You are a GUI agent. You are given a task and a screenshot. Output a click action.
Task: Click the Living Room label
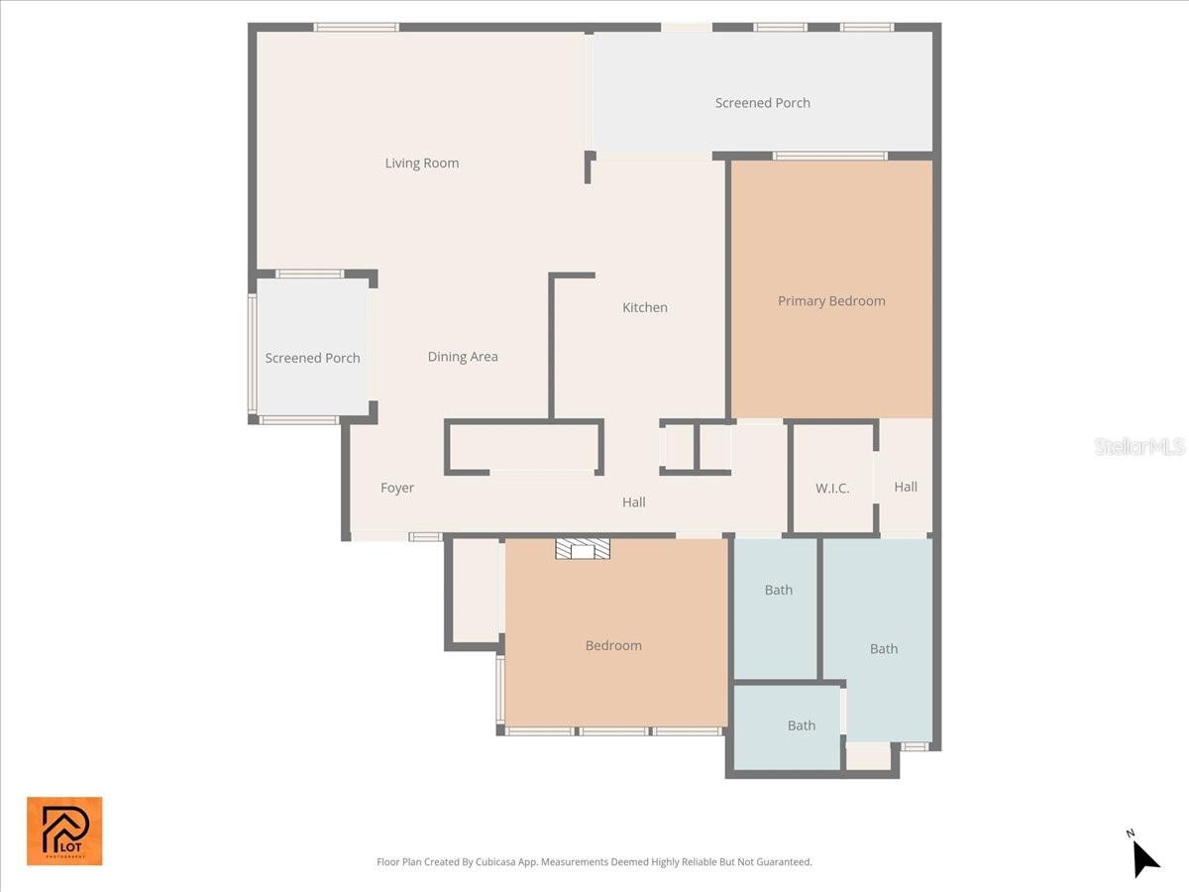[x=422, y=164]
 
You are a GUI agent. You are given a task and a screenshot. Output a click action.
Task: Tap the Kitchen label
[x=645, y=308]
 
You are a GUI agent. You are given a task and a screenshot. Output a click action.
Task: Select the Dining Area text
[x=463, y=357]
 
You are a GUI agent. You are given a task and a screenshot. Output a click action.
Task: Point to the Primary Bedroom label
[x=831, y=301]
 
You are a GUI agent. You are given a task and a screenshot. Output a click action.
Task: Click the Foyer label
[x=397, y=488]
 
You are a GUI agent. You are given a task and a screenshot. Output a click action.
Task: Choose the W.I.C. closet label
[x=832, y=489]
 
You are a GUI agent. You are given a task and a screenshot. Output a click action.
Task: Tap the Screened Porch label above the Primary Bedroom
[x=763, y=103]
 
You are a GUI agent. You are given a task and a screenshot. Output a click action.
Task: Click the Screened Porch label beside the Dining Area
[x=312, y=359]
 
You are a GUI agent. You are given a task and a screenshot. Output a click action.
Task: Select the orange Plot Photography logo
[x=64, y=831]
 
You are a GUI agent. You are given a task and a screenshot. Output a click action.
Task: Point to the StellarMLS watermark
[x=1139, y=447]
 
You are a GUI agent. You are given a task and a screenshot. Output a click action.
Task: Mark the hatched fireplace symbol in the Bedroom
[x=582, y=549]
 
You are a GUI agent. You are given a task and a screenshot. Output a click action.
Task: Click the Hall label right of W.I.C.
[x=906, y=487]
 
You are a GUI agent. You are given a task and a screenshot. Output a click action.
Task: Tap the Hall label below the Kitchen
[x=634, y=502]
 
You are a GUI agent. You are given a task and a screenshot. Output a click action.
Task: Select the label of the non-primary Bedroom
[x=613, y=646]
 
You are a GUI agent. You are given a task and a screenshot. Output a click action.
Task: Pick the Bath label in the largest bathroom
[x=884, y=649]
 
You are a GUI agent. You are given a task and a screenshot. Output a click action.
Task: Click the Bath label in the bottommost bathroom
[x=802, y=725]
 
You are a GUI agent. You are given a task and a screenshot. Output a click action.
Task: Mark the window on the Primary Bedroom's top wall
[x=829, y=156]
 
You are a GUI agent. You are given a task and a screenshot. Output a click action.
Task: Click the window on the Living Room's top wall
[x=357, y=27]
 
